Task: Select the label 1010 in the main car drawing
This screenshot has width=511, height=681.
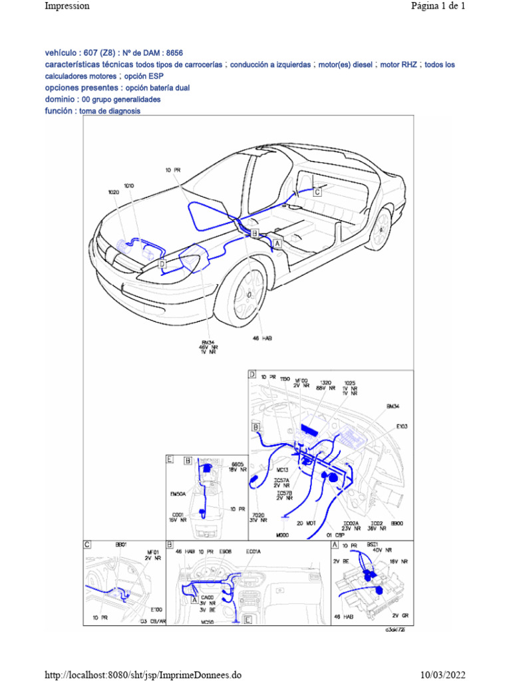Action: pos(128,186)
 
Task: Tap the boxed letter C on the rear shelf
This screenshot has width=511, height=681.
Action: pos(317,192)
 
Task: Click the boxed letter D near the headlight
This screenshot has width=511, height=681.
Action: pos(162,264)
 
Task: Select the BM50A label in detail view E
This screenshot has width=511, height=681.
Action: pos(179,494)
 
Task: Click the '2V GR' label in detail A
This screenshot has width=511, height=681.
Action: pos(400,616)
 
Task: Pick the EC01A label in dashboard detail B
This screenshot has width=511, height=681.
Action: pos(254,551)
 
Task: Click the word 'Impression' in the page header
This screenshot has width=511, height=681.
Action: pos(67,6)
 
